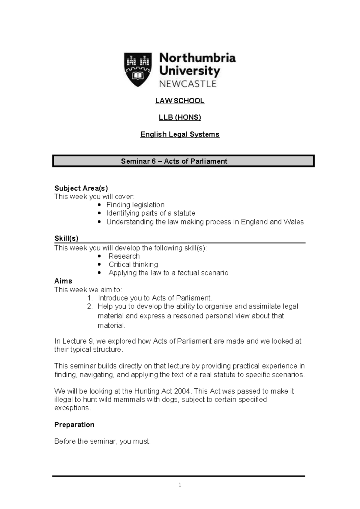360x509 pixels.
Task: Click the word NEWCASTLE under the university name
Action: point(188,84)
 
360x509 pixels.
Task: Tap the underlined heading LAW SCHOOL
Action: point(180,101)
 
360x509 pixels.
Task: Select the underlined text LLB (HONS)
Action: point(180,117)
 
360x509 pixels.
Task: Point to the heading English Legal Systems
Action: point(180,134)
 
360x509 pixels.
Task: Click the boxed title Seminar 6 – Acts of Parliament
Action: point(174,161)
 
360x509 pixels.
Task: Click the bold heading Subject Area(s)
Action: point(81,188)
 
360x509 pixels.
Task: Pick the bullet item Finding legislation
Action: point(135,205)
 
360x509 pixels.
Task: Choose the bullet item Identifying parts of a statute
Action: point(151,213)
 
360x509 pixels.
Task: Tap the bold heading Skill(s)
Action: point(66,238)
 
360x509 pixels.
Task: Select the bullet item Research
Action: point(124,256)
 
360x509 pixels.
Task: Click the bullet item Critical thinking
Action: point(133,264)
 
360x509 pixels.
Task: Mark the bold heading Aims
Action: point(63,281)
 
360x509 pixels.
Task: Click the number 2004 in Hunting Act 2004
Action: point(183,391)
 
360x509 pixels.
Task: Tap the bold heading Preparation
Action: point(74,425)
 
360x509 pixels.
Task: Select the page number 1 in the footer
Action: point(180,485)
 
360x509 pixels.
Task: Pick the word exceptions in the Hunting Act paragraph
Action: point(71,408)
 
